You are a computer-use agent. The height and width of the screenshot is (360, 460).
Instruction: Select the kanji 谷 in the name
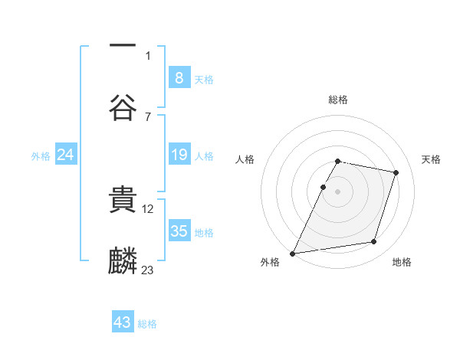(x=123, y=106)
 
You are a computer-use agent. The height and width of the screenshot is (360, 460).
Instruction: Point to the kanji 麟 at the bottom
(x=123, y=260)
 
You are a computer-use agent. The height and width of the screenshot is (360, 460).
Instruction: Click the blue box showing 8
(x=179, y=77)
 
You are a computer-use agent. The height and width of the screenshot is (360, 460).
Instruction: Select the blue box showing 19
(x=179, y=155)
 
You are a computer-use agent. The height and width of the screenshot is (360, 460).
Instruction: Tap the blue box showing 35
(x=179, y=231)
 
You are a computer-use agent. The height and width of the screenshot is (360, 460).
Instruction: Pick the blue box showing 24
(x=65, y=155)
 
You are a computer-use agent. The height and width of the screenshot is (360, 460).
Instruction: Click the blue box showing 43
(x=122, y=322)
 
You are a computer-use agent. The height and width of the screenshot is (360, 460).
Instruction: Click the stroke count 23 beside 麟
(x=148, y=270)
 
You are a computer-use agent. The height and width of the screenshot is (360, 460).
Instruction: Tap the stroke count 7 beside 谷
(x=148, y=116)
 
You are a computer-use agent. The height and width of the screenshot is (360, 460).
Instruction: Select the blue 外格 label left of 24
(x=41, y=155)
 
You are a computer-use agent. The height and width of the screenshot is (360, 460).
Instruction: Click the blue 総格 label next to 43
(x=147, y=324)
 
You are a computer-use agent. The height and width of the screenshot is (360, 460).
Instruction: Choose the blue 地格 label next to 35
(x=204, y=233)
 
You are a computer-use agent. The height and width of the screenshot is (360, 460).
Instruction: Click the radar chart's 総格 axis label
(x=337, y=100)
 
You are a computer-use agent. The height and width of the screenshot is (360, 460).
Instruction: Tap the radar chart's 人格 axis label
(x=245, y=159)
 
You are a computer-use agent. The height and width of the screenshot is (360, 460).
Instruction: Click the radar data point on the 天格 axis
(x=396, y=172)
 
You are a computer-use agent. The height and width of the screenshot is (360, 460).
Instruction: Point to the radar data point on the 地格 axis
(x=374, y=242)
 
